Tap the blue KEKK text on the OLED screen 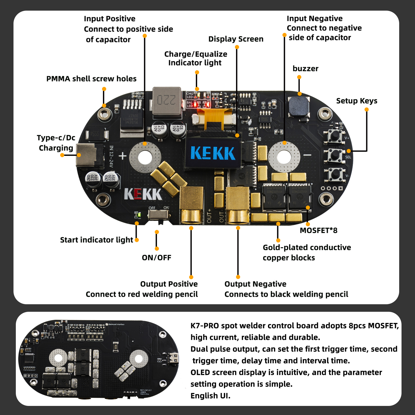pyautogui.click(x=213, y=153)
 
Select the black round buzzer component pyautogui.click(x=299, y=107)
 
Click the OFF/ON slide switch pyautogui.click(x=158, y=215)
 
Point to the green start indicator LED pyautogui.click(x=139, y=215)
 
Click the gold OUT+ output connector pyautogui.click(x=191, y=205)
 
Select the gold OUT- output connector pyautogui.click(x=238, y=205)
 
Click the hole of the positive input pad pyautogui.click(x=145, y=157)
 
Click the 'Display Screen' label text pyautogui.click(x=236, y=39)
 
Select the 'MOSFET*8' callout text pyautogui.click(x=319, y=230)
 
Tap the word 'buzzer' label pyautogui.click(x=305, y=69)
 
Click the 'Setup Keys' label pyautogui.click(x=357, y=101)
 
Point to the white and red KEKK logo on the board pyautogui.click(x=143, y=194)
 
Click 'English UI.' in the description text pyautogui.click(x=210, y=396)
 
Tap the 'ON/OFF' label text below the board pyautogui.click(x=156, y=258)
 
